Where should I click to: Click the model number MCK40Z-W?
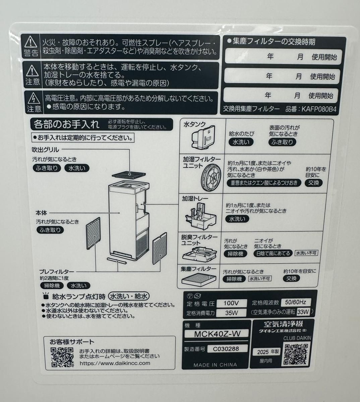pos(217,334)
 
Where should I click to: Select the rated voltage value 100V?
pos(231,303)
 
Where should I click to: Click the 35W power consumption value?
pos(231,313)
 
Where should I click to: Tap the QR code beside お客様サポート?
pos(62,357)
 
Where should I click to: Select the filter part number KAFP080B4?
pos(319,109)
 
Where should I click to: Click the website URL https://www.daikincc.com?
pos(115,363)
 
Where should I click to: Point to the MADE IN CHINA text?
pos(215,365)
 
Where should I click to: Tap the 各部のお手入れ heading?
pos(66,125)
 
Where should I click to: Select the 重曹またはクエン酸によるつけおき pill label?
pos(264,183)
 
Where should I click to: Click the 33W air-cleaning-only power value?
pos(303,312)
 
